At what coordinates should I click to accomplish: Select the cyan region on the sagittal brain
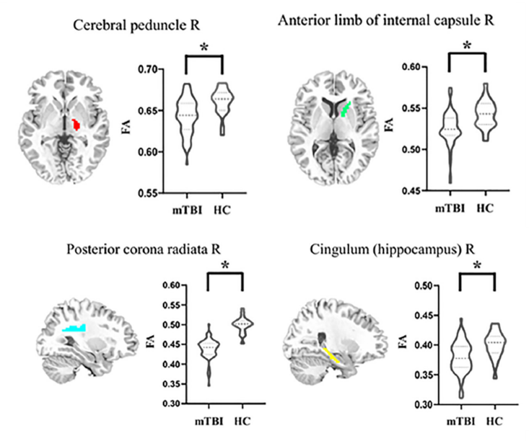pos(74,329)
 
